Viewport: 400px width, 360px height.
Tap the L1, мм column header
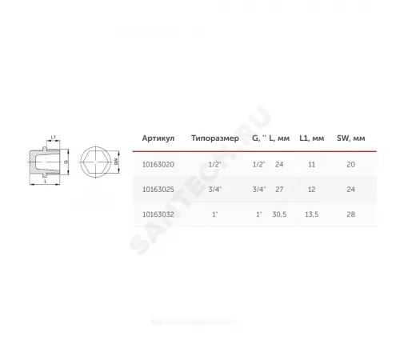tap(310, 138)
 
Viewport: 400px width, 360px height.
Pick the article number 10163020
tap(157, 164)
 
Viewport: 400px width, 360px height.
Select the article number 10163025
tap(157, 190)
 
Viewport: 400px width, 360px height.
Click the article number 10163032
tap(157, 215)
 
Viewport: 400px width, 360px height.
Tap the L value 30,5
tap(279, 215)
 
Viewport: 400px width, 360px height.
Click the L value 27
tap(279, 190)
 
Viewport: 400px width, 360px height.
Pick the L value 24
tap(279, 164)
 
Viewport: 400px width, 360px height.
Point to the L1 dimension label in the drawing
tap(53, 138)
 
